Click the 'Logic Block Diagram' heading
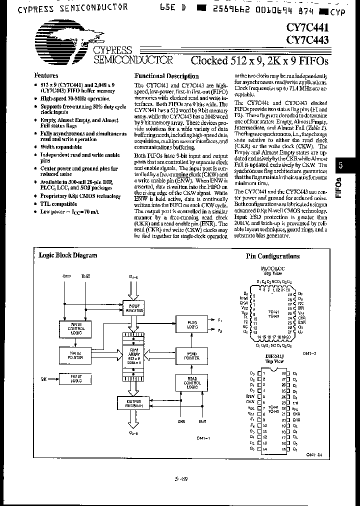coord(68,255)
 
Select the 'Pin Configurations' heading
coord(273,256)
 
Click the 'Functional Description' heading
coord(167,76)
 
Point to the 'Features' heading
coord(46,75)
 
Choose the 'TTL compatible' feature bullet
coord(58,204)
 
